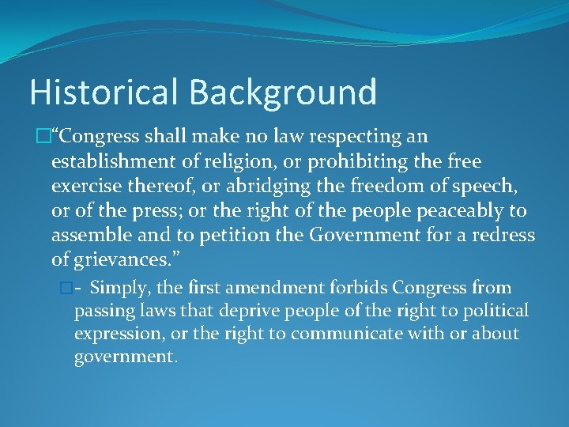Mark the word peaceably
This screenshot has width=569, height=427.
452,212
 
